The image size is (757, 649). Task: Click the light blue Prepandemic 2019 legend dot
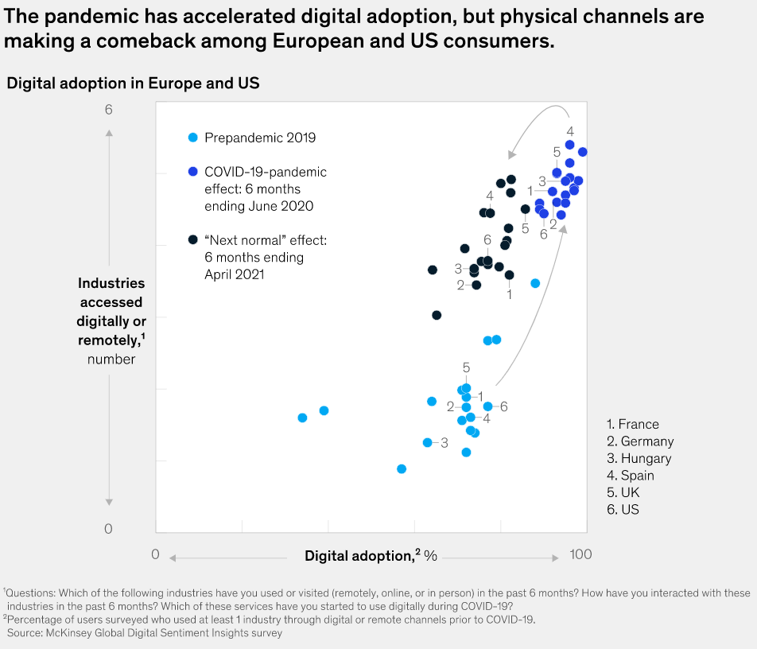click(x=192, y=138)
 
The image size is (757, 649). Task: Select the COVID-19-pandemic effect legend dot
click(x=192, y=172)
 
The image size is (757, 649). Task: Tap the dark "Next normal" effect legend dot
click(x=192, y=239)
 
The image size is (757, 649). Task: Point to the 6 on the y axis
click(x=109, y=109)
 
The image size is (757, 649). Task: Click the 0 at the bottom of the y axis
click(x=109, y=529)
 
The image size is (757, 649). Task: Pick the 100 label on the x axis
click(x=580, y=554)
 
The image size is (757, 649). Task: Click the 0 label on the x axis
click(x=156, y=554)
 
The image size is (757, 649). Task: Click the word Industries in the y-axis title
click(x=111, y=283)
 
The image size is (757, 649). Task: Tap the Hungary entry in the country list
click(x=639, y=458)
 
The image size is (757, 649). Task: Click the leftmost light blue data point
click(x=302, y=418)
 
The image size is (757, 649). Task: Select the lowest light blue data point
click(x=402, y=468)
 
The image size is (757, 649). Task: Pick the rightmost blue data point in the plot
click(x=583, y=152)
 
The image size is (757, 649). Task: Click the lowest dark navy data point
click(x=437, y=315)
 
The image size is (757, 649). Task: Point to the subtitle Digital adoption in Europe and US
click(x=133, y=83)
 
